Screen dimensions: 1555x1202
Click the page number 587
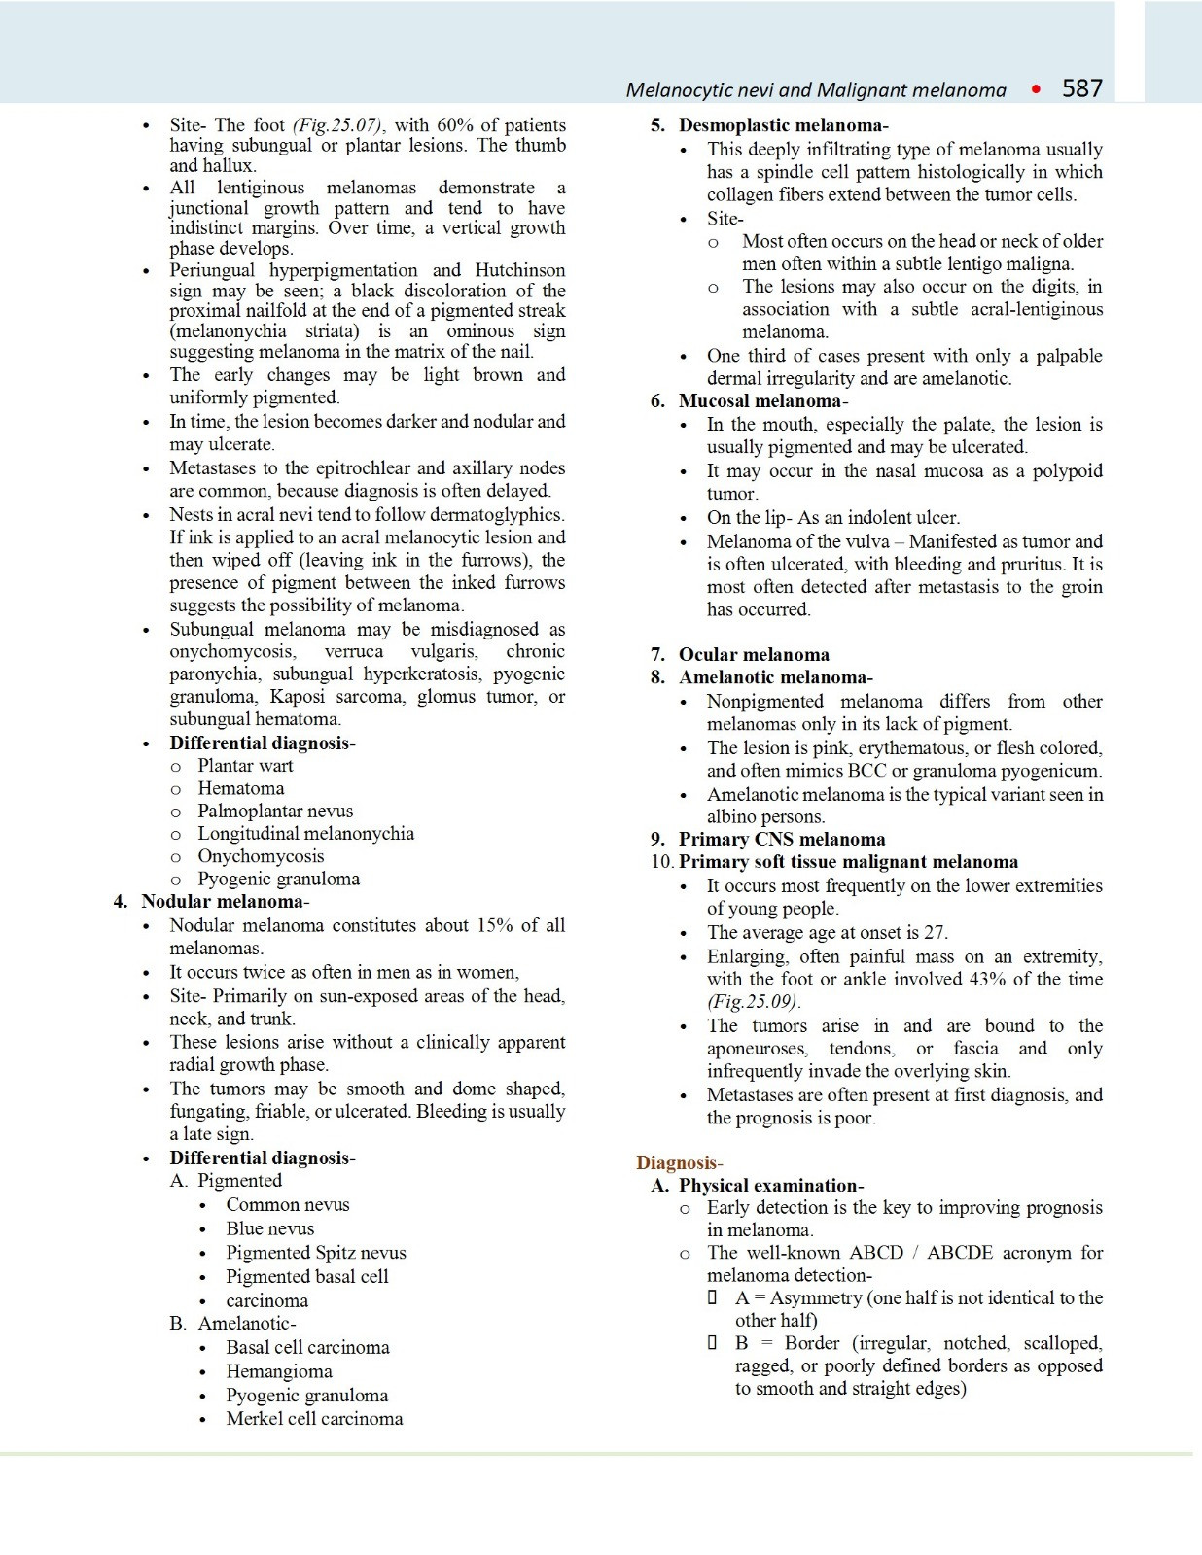tap(1081, 89)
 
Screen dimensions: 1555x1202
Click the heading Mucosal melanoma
tap(760, 401)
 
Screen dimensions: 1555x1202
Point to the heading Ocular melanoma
tap(754, 655)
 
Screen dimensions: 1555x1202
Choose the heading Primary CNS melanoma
tap(781, 840)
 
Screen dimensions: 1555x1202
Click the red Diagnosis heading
tap(678, 1163)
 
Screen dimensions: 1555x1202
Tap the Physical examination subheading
tap(768, 1186)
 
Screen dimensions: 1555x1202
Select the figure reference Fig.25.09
tap(754, 1002)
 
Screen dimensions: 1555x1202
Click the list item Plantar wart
tap(245, 766)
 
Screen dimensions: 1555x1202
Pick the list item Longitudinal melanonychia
tap(305, 834)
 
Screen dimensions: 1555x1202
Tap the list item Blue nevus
tap(269, 1229)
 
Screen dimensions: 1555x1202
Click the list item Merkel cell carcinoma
tap(314, 1419)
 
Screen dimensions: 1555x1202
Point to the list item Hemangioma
tap(279, 1371)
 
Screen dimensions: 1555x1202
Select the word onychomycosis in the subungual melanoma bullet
tap(232, 652)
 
